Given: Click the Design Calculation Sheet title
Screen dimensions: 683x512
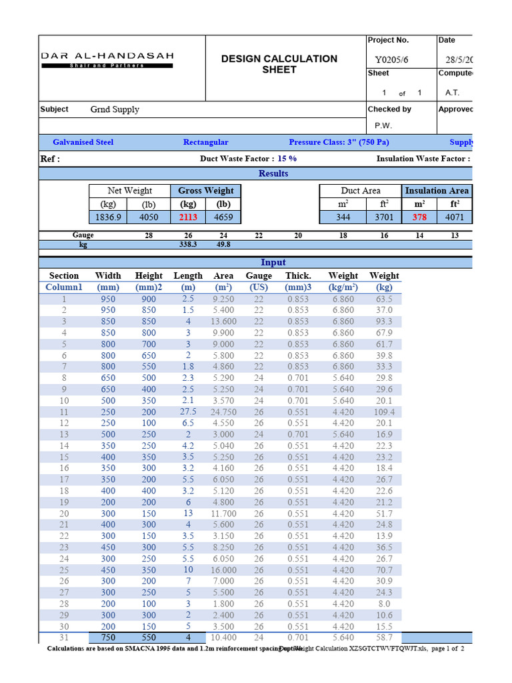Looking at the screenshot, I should [279, 64].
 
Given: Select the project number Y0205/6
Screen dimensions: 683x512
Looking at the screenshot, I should [393, 59].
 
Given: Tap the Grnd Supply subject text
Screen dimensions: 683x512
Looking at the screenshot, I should [115, 109].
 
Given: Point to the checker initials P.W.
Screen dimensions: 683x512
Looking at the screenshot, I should [383, 125].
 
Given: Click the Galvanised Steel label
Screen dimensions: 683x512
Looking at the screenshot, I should [83, 142].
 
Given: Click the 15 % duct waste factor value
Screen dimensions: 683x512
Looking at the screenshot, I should [287, 159].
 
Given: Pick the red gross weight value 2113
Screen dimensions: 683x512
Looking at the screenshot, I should [189, 217].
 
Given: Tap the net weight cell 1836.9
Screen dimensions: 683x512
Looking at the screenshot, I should [106, 217].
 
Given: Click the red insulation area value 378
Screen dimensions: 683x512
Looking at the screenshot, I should [419, 217].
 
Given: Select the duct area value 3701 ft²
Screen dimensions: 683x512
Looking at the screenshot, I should [384, 217].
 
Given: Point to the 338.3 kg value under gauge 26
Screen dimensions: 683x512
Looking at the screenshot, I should [189, 245].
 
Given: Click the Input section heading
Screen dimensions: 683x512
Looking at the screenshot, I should [273, 263].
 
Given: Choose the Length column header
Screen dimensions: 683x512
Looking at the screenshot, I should [188, 275].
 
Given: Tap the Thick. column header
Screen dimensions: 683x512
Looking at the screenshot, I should [298, 275].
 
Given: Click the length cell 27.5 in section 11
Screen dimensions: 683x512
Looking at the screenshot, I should [188, 412].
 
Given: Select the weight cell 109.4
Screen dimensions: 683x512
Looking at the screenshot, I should [384, 412].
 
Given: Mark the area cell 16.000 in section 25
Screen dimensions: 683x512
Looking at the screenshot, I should [223, 570].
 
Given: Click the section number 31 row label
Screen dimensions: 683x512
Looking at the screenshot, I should [64, 638].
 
